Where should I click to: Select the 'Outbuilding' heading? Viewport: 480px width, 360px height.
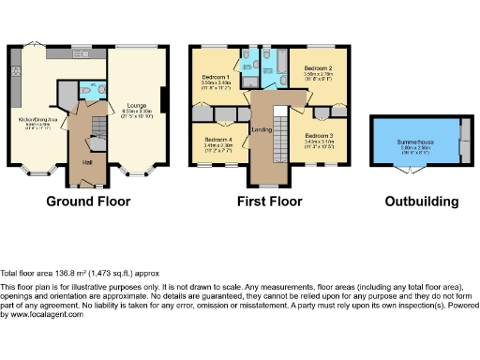pyautogui.click(x=422, y=201)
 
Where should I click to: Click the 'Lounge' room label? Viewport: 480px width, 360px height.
pyautogui.click(x=137, y=106)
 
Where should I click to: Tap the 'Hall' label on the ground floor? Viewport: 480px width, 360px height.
pyautogui.click(x=86, y=163)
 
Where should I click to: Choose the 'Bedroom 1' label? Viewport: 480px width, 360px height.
pyautogui.click(x=217, y=77)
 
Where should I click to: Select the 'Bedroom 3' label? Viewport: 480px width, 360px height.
pyautogui.click(x=319, y=137)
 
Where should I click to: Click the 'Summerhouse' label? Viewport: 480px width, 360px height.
pyautogui.click(x=416, y=140)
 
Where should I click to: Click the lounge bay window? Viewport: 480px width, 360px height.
pyautogui.click(x=137, y=174)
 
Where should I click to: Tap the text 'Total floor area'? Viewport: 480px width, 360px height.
pyautogui.click(x=27, y=269)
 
